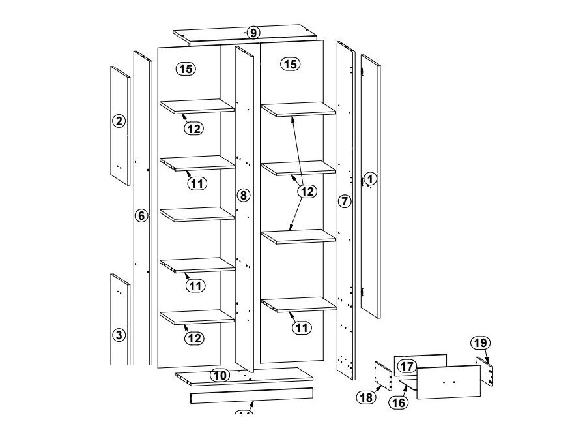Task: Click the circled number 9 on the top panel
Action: tap(253, 33)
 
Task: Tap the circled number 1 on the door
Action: tap(370, 178)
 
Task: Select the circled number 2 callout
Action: tap(118, 121)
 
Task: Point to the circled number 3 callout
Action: tap(118, 335)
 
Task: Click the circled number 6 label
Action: tap(142, 215)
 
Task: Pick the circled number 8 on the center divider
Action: tap(244, 194)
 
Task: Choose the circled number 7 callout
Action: tap(345, 201)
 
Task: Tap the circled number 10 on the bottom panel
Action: tap(220, 375)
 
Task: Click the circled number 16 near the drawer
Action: tap(399, 402)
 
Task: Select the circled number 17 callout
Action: tap(407, 367)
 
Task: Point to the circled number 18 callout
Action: tap(366, 396)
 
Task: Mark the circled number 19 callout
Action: tap(480, 343)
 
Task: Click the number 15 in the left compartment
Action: tap(186, 68)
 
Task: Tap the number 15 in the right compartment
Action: tap(291, 64)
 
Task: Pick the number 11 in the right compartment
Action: tap(300, 327)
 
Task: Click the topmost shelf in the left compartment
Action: tap(197, 106)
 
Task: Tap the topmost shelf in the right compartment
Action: tap(298, 109)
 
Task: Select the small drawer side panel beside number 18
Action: tap(382, 376)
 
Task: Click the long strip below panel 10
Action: tap(251, 396)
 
